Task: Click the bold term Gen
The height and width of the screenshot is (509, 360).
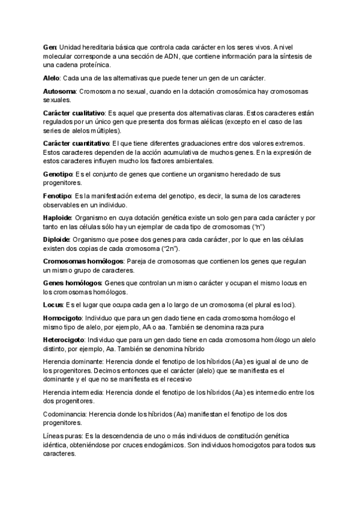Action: click(50, 47)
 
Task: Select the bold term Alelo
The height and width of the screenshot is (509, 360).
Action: click(52, 79)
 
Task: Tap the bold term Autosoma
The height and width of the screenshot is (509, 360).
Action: click(59, 91)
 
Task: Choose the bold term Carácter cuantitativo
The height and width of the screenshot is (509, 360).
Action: click(76, 143)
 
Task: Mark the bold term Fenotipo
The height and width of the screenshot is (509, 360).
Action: click(57, 196)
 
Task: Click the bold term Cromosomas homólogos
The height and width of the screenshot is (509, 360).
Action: click(83, 261)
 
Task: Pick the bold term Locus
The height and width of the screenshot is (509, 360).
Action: click(53, 304)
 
